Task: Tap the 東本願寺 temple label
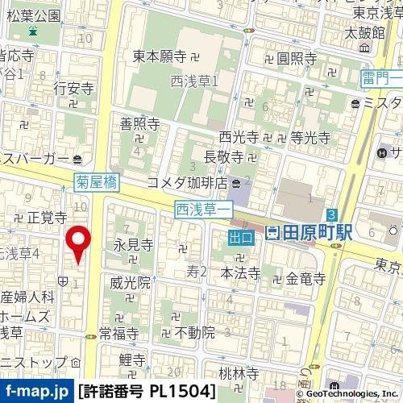(x=160, y=56)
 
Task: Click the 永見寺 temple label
(x=133, y=244)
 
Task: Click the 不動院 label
(x=195, y=331)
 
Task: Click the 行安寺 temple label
(x=73, y=86)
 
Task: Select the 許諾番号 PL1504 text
(x=147, y=393)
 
